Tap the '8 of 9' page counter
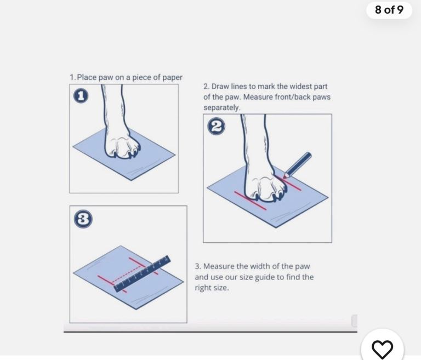389,10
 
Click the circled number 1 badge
81,96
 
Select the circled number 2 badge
217,126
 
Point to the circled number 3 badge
83,219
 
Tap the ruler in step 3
143,273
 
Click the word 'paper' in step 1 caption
172,78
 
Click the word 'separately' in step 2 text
221,108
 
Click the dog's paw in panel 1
122,145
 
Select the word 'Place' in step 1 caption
87,77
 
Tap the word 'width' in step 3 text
260,266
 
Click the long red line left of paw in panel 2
250,201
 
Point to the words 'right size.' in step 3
212,288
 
